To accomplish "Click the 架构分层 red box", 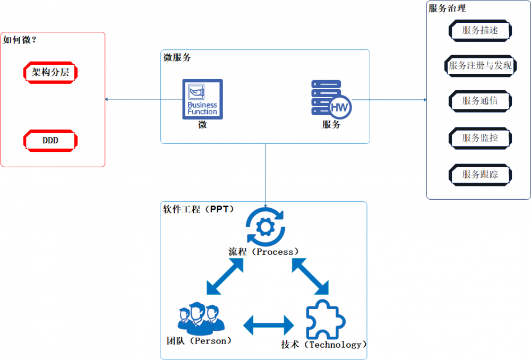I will click(x=51, y=72).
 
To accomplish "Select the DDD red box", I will click(x=51, y=141).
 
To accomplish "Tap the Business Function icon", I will click(x=202, y=99).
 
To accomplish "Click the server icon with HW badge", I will click(x=331, y=99).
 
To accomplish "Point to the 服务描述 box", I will click(x=480, y=30).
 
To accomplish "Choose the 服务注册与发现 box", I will click(x=480, y=66).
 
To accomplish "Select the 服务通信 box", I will click(x=480, y=100).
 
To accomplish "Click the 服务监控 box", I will click(x=480, y=138).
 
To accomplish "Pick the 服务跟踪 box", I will click(x=480, y=174).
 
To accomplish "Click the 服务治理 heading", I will click(x=447, y=8).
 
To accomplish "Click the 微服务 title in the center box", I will click(x=177, y=58).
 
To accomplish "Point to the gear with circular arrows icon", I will click(x=265, y=226).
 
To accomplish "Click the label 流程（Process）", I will click(x=264, y=252).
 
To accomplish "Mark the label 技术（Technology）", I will click(x=324, y=345).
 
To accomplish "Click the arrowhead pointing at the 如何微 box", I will click(x=108, y=99).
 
